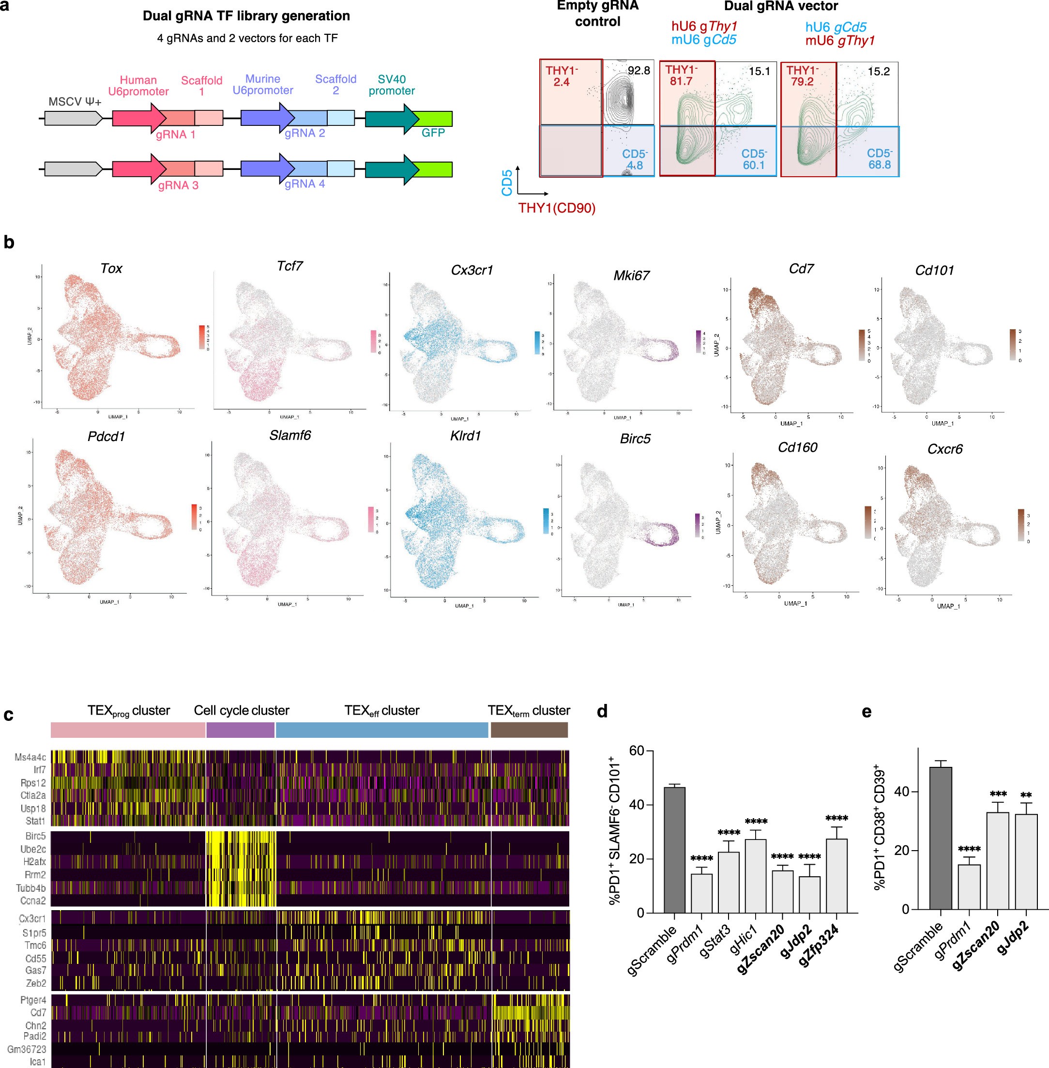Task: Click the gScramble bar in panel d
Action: tap(674, 850)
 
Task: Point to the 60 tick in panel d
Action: tap(637, 750)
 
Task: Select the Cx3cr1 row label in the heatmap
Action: tap(32, 919)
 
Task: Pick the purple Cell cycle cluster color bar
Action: tap(240, 730)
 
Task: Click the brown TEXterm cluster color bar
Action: tap(529, 730)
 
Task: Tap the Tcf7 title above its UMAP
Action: tap(290, 266)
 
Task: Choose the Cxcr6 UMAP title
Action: tap(945, 449)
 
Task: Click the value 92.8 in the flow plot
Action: tap(639, 71)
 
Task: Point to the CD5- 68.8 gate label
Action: tap(879, 159)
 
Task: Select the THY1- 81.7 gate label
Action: tap(681, 76)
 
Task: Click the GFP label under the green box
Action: tap(433, 133)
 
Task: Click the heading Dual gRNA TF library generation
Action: tap(246, 16)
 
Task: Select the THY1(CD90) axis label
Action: tap(557, 208)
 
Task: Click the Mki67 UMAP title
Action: tap(631, 275)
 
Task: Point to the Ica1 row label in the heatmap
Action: tap(37, 1061)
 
